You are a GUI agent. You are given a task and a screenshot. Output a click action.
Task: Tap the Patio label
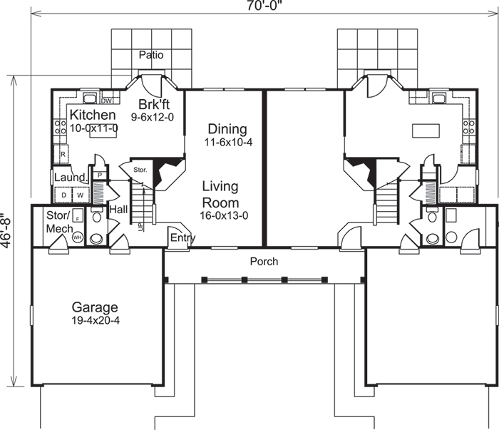point(151,54)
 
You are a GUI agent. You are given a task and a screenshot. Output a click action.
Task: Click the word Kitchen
point(93,115)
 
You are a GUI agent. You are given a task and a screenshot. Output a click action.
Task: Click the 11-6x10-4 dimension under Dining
point(227,143)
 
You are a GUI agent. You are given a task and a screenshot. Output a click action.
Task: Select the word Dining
point(227,129)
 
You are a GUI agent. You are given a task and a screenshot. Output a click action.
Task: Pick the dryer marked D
point(63,194)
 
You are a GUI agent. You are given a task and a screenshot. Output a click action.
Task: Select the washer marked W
point(80,194)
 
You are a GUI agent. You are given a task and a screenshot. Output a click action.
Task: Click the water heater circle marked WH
point(76,236)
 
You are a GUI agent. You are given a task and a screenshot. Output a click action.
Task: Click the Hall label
point(118,210)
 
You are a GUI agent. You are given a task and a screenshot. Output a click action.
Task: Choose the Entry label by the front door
point(182,238)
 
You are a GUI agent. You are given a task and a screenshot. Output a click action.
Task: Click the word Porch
point(264,262)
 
